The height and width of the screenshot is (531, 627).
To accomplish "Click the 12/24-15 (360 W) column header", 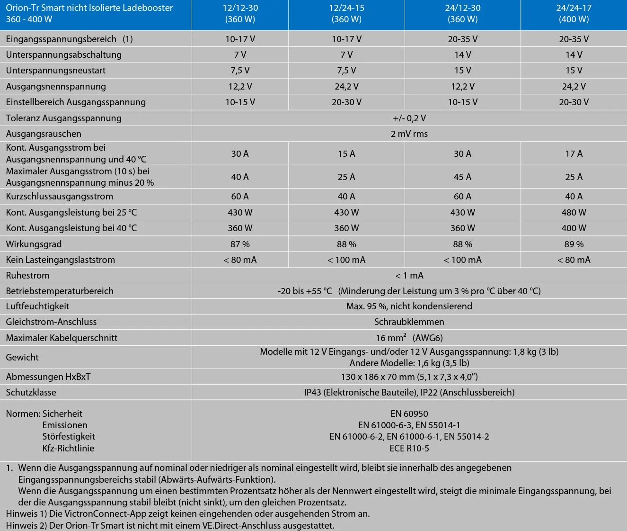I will pos(346,14).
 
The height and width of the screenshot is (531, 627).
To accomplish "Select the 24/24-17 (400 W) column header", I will pos(574,14).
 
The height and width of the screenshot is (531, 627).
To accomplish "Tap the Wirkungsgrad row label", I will pos(34,244).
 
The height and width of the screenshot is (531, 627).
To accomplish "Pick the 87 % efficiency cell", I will pos(240,244).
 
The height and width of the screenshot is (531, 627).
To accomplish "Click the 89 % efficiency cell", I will pos(574,244).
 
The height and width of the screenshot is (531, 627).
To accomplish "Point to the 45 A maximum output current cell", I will pos(462,177).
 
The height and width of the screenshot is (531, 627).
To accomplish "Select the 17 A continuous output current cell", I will pos(574,153).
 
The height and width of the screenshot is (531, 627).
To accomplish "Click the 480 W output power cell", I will pos(574,212).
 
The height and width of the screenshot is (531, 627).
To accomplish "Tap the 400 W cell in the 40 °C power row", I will pos(574,228).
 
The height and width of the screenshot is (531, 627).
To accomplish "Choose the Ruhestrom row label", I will pos(27,275).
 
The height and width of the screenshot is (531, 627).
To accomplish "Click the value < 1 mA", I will pos(409,275).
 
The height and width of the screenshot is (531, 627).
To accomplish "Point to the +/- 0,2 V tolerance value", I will pos(409,118).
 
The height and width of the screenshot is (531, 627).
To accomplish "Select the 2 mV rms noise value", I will pos(409,134).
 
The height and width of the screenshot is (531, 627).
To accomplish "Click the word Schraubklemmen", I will pos(409,322).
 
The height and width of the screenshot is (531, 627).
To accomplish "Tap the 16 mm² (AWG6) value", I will pos(409,338).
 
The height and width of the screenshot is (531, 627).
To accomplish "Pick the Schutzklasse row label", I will pos(31,392).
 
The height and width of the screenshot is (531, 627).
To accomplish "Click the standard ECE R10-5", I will pos(409,448).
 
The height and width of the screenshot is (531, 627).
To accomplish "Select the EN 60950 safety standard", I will pos(409,414).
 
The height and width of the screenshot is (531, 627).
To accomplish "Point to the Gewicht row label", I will pos(22,357).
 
